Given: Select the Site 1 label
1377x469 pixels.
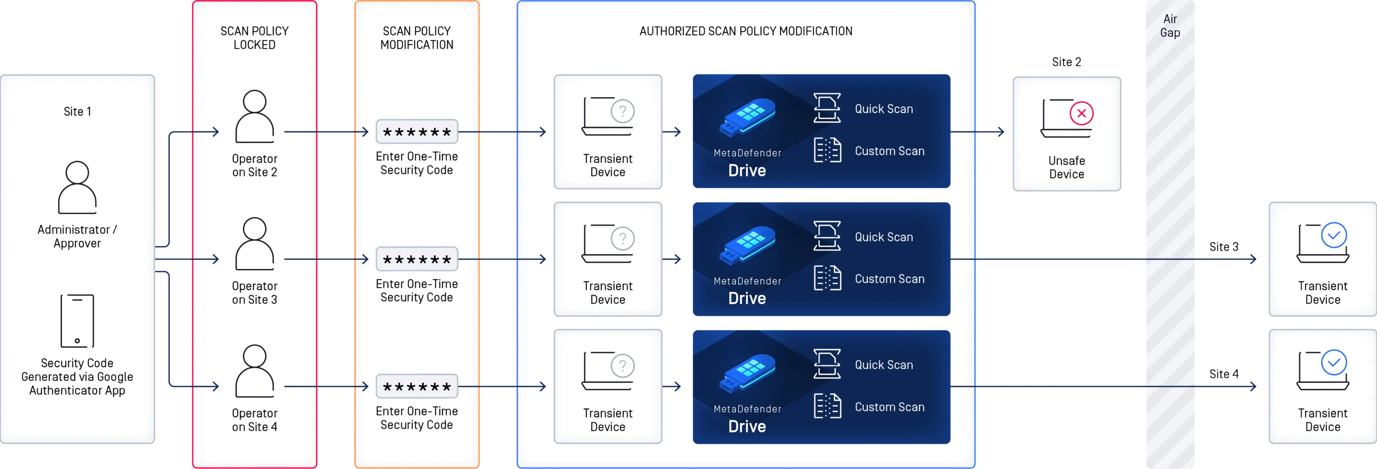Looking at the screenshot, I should pos(78,111).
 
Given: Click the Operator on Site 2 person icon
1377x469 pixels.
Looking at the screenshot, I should pos(255,116).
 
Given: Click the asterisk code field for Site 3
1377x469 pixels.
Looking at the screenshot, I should pos(417,259).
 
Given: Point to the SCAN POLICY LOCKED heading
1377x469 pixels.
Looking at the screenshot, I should pos(255,38).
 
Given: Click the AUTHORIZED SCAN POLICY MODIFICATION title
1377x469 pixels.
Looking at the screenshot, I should pos(746,31).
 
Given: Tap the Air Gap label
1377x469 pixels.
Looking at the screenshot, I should pos(1170,26).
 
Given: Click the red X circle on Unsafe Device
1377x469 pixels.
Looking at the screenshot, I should pos(1081,113).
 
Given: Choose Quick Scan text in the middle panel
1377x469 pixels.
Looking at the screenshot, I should pos(884,237).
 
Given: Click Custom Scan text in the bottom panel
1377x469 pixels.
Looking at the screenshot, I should pos(889,407).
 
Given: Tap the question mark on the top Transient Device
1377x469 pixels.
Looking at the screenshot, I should pos(623,111).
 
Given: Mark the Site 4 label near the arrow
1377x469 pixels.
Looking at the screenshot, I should pos(1224,373).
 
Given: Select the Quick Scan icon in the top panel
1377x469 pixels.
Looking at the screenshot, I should pos(827,108).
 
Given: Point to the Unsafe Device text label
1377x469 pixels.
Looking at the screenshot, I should pos(1067,167).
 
